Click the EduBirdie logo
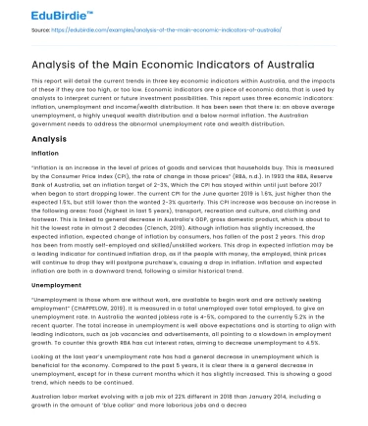coord(43,12)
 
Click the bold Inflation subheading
coord(45,155)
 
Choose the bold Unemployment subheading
coord(56,283)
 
